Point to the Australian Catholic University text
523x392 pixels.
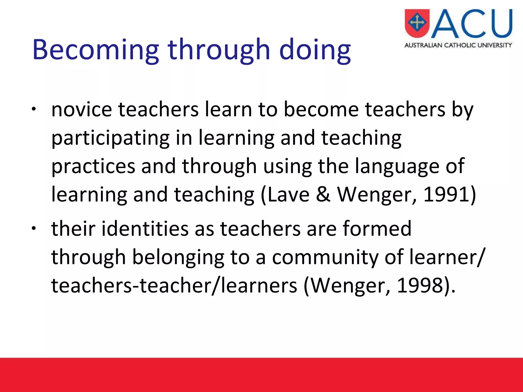458,45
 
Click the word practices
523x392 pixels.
93,166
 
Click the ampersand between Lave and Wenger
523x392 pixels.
323,194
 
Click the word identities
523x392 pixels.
145,229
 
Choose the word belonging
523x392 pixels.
178,257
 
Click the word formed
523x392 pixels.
377,229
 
